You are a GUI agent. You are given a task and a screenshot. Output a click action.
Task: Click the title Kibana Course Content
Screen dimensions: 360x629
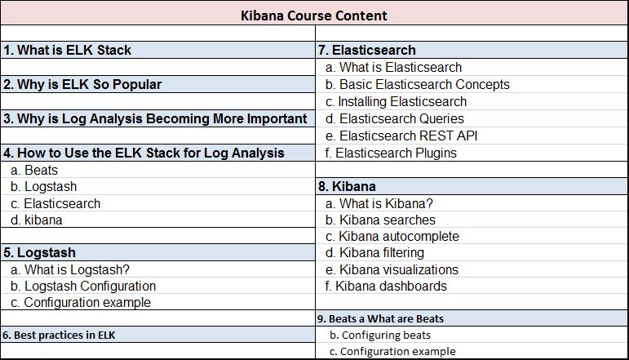pyautogui.click(x=314, y=16)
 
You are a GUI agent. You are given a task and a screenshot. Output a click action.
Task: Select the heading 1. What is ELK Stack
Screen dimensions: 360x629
pyautogui.click(x=68, y=50)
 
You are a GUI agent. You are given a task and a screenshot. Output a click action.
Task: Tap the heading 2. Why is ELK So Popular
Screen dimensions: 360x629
pyautogui.click(x=82, y=84)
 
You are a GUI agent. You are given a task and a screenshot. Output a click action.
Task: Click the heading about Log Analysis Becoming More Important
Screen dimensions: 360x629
pyautogui.click(x=155, y=118)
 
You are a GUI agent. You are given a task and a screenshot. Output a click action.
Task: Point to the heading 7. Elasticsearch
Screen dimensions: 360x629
pyautogui.click(x=367, y=50)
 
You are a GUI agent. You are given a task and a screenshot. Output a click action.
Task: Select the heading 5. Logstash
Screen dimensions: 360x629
pyautogui.click(x=46, y=252)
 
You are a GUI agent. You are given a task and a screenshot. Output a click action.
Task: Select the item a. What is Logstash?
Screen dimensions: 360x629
pyautogui.click(x=70, y=269)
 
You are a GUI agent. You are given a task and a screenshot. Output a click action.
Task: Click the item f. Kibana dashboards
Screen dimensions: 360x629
pyautogui.click(x=386, y=286)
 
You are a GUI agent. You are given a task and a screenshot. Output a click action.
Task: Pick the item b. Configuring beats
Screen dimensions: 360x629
pyautogui.click(x=379, y=335)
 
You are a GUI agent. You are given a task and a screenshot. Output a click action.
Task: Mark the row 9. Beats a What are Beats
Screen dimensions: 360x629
pyautogui.click(x=381, y=318)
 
